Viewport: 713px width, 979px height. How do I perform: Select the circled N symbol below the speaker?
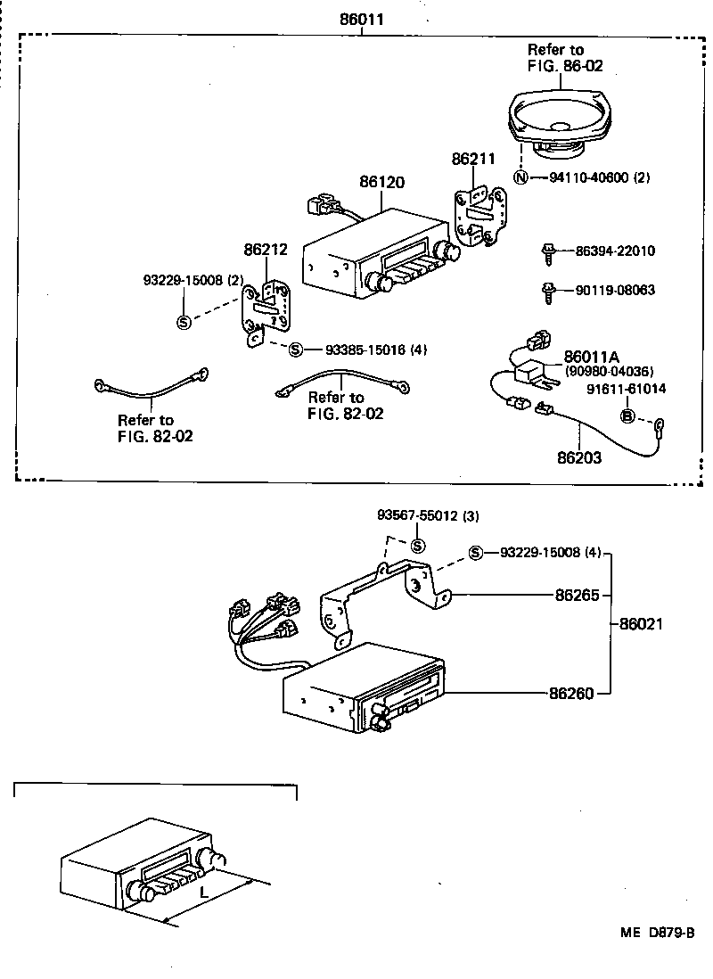tap(521, 177)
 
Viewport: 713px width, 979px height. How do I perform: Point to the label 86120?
tap(381, 183)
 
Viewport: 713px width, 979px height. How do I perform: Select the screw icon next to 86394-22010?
tap(548, 252)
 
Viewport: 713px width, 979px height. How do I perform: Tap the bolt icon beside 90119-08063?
tap(548, 290)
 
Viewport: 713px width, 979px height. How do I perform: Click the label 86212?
tap(266, 249)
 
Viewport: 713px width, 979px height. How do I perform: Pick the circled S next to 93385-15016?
tap(297, 350)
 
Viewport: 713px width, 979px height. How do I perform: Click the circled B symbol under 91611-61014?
tap(627, 416)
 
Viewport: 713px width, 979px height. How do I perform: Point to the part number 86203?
tap(579, 458)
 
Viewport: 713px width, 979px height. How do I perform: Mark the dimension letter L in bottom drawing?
tap(203, 892)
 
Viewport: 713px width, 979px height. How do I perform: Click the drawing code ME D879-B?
tap(658, 933)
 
